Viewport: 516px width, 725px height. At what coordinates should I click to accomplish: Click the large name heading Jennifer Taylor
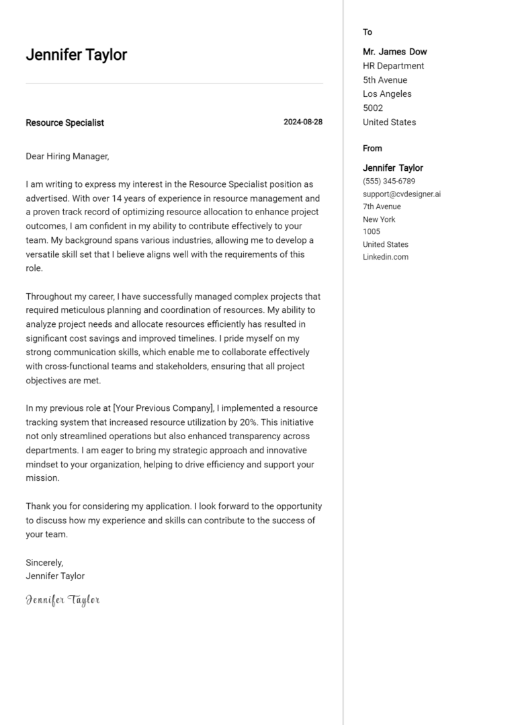(76, 55)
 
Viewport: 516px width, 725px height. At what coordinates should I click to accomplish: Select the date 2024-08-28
(303, 122)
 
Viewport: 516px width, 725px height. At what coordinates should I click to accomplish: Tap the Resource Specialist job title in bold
(64, 123)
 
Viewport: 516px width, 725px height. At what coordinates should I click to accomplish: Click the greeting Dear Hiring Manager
(67, 157)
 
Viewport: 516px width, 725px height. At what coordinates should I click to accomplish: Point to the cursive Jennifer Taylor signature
(62, 600)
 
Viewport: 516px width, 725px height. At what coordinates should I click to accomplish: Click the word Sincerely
(44, 562)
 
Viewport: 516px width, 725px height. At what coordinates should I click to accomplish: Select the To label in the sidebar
(368, 32)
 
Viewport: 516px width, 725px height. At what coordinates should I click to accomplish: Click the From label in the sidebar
(372, 149)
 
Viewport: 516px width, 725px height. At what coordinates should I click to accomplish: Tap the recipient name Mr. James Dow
(394, 52)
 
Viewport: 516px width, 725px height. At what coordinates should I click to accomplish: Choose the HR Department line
(393, 66)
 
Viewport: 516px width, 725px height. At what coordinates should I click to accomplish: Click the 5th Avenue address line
(385, 80)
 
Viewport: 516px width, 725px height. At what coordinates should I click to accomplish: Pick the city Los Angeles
(387, 94)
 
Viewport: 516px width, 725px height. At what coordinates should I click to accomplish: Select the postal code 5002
(373, 108)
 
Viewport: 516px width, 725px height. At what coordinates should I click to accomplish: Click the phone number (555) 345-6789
(389, 182)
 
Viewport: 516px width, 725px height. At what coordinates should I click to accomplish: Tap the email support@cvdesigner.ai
(402, 194)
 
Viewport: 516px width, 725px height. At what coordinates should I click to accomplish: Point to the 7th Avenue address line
(382, 206)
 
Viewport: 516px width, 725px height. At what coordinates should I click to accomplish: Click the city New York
(379, 219)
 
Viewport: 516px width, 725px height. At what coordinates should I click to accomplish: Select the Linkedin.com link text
(386, 257)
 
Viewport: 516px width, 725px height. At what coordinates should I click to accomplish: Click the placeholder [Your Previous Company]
(163, 408)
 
